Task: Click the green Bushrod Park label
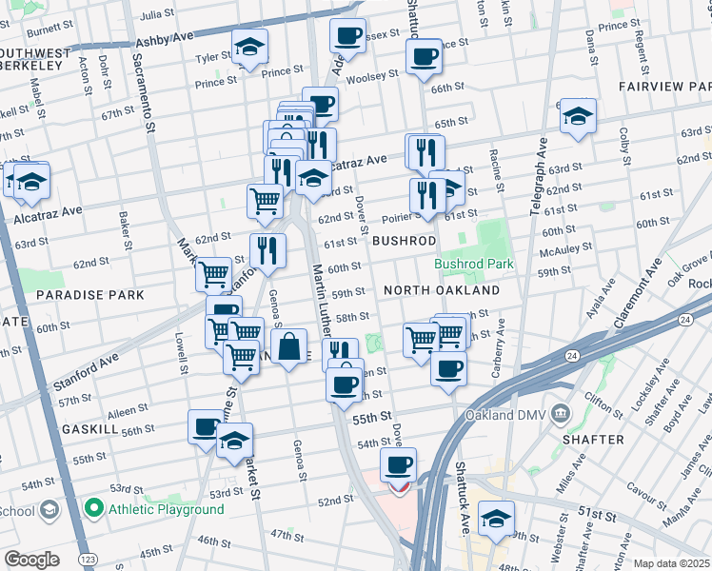[474, 264]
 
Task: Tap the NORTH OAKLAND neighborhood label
[441, 289]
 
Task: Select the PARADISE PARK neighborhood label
[90, 295]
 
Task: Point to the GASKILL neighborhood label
[89, 430]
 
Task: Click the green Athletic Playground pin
[94, 508]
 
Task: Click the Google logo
[31, 560]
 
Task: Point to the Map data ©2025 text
[670, 563]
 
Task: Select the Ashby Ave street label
[164, 42]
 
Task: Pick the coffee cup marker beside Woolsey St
[424, 56]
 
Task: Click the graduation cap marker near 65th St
[578, 116]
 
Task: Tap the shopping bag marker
[289, 346]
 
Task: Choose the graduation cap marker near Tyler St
[249, 47]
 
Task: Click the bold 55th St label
[372, 417]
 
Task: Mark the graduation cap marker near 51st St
[495, 519]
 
